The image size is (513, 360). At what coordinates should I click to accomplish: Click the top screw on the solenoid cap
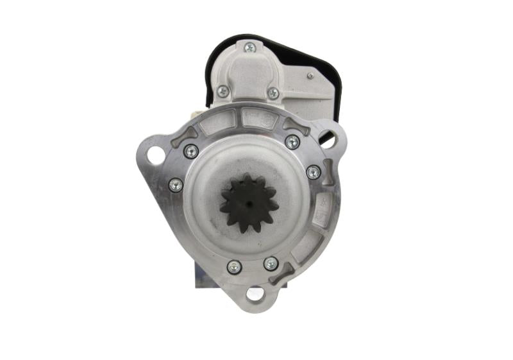[x=249, y=47]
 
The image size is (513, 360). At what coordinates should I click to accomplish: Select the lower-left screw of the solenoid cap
[x=223, y=91]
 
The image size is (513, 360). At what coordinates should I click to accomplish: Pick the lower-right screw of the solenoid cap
[x=273, y=93]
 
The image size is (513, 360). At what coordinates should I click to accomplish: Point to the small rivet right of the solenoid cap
[x=310, y=76]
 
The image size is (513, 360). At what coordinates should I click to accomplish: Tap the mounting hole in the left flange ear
[x=155, y=155]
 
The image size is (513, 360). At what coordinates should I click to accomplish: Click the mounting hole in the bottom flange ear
[x=255, y=295]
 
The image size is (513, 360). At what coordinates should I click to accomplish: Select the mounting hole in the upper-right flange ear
[x=328, y=137]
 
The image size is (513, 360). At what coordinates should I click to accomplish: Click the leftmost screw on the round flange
[x=175, y=185]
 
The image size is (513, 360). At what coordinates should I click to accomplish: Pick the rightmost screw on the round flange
[x=313, y=172]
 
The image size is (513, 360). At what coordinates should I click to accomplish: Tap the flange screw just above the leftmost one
[x=190, y=151]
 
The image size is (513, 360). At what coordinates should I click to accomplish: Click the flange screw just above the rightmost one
[x=292, y=142]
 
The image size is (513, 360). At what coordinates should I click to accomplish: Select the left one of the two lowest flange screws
[x=234, y=266]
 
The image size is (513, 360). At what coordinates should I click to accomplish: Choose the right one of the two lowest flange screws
[x=271, y=264]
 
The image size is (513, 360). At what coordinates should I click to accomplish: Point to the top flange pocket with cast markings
[x=260, y=118]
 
